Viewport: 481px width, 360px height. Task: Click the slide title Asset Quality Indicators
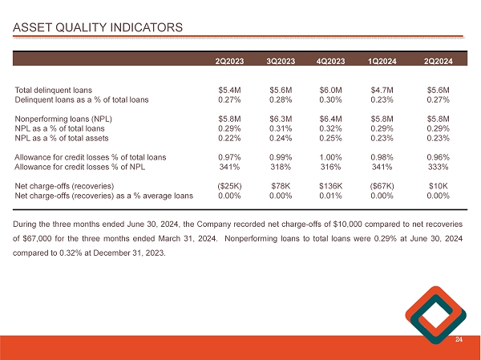98,29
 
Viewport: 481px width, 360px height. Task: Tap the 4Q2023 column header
331,61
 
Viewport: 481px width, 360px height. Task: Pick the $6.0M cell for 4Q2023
331,90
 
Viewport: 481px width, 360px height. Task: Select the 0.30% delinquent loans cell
331,99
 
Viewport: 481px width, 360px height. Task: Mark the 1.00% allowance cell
331,157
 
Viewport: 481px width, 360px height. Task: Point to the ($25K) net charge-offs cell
231,186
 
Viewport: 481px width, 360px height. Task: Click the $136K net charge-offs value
331,186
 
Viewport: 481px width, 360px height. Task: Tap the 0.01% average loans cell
331,196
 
